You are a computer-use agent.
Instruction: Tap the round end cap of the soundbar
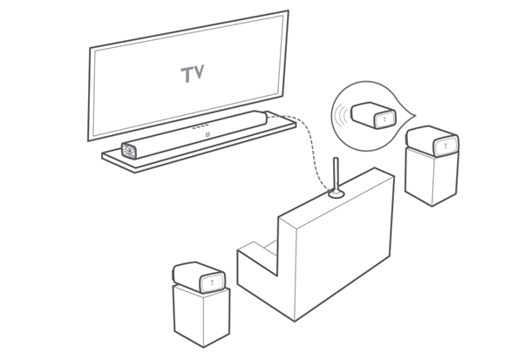(x=129, y=151)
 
